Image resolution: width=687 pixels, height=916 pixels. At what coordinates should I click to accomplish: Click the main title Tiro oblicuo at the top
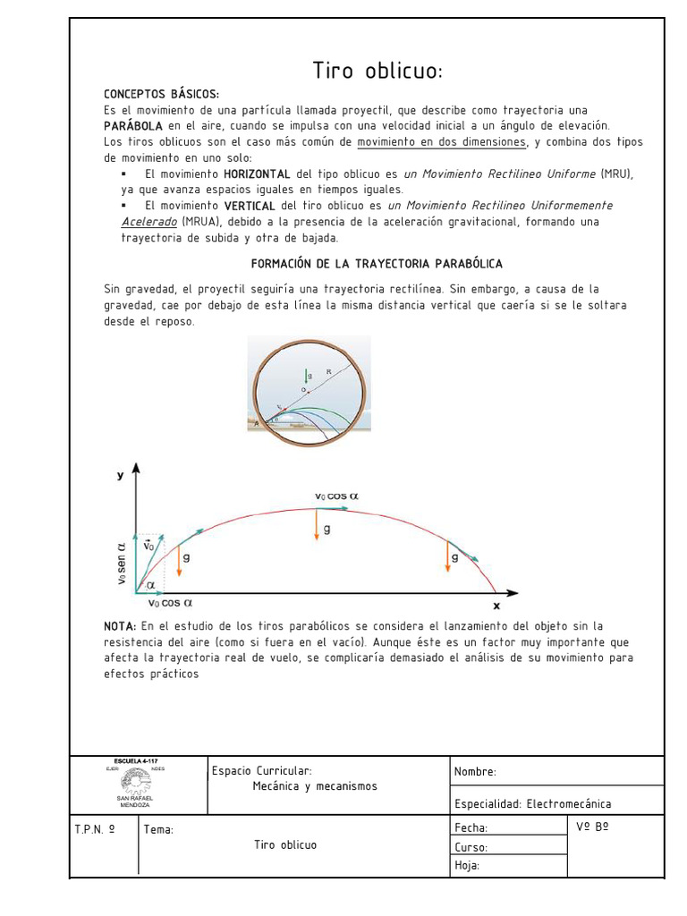(x=377, y=71)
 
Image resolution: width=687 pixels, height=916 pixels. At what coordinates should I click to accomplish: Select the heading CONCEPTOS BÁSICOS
(x=161, y=94)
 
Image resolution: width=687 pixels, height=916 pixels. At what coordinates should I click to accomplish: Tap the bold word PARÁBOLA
(x=133, y=126)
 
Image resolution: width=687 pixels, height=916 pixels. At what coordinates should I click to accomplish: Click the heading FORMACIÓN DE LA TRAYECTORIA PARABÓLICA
(x=377, y=264)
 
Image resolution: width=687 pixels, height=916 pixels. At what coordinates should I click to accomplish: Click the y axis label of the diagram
(x=121, y=476)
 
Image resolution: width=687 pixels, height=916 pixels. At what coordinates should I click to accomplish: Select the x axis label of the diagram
(x=496, y=605)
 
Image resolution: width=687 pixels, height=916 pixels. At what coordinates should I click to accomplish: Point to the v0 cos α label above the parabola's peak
(x=336, y=496)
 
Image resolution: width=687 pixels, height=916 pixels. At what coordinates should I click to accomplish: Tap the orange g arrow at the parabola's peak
(x=317, y=525)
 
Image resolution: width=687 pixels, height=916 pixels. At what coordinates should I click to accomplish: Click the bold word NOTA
(x=120, y=626)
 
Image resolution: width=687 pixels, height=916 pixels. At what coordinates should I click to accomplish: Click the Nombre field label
(x=475, y=772)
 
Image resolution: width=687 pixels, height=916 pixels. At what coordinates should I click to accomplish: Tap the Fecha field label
(x=471, y=828)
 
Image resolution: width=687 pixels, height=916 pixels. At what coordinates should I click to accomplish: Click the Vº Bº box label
(x=593, y=827)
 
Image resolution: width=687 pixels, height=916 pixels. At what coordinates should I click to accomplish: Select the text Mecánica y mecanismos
(x=315, y=786)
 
